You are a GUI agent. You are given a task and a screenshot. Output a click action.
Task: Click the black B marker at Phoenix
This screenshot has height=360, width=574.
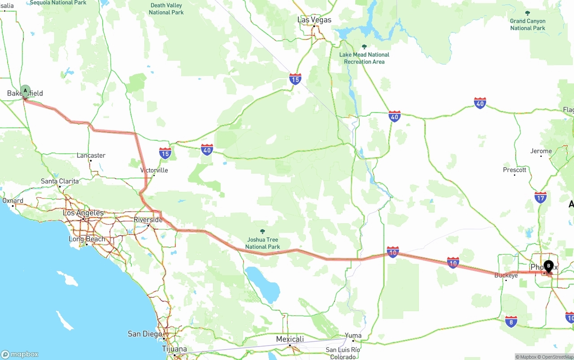(x=548, y=266)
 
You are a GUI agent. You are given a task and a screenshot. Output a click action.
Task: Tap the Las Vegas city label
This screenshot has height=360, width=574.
(x=314, y=20)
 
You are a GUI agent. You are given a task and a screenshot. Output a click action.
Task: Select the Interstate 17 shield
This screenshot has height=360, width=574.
(x=540, y=197)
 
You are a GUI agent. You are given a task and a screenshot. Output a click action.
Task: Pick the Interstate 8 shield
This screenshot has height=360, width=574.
(x=511, y=321)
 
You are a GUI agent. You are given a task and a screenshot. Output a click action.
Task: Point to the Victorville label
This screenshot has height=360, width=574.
(x=154, y=170)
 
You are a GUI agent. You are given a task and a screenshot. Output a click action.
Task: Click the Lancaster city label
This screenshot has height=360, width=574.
(x=91, y=156)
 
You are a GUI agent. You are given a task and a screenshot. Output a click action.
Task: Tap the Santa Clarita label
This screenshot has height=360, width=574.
(x=60, y=181)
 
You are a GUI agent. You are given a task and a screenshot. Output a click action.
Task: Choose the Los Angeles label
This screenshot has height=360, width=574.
(x=83, y=213)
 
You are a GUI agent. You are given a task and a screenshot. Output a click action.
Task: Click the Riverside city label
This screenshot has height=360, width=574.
(x=148, y=220)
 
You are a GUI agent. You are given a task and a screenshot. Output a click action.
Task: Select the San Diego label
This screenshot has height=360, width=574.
(x=145, y=334)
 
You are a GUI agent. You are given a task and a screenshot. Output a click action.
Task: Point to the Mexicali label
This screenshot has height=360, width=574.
(x=290, y=339)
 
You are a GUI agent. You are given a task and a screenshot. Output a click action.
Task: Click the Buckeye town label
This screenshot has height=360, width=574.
(x=506, y=275)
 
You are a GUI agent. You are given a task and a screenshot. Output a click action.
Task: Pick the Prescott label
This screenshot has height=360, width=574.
(x=514, y=170)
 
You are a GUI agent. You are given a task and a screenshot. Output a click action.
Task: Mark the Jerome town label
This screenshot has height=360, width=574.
(x=541, y=151)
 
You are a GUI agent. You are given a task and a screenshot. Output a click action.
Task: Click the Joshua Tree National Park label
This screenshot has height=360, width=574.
(x=262, y=243)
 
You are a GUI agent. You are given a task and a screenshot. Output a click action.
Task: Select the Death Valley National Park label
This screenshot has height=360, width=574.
(x=166, y=9)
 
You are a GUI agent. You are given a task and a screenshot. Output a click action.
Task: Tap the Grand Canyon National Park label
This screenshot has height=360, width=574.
(x=527, y=24)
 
